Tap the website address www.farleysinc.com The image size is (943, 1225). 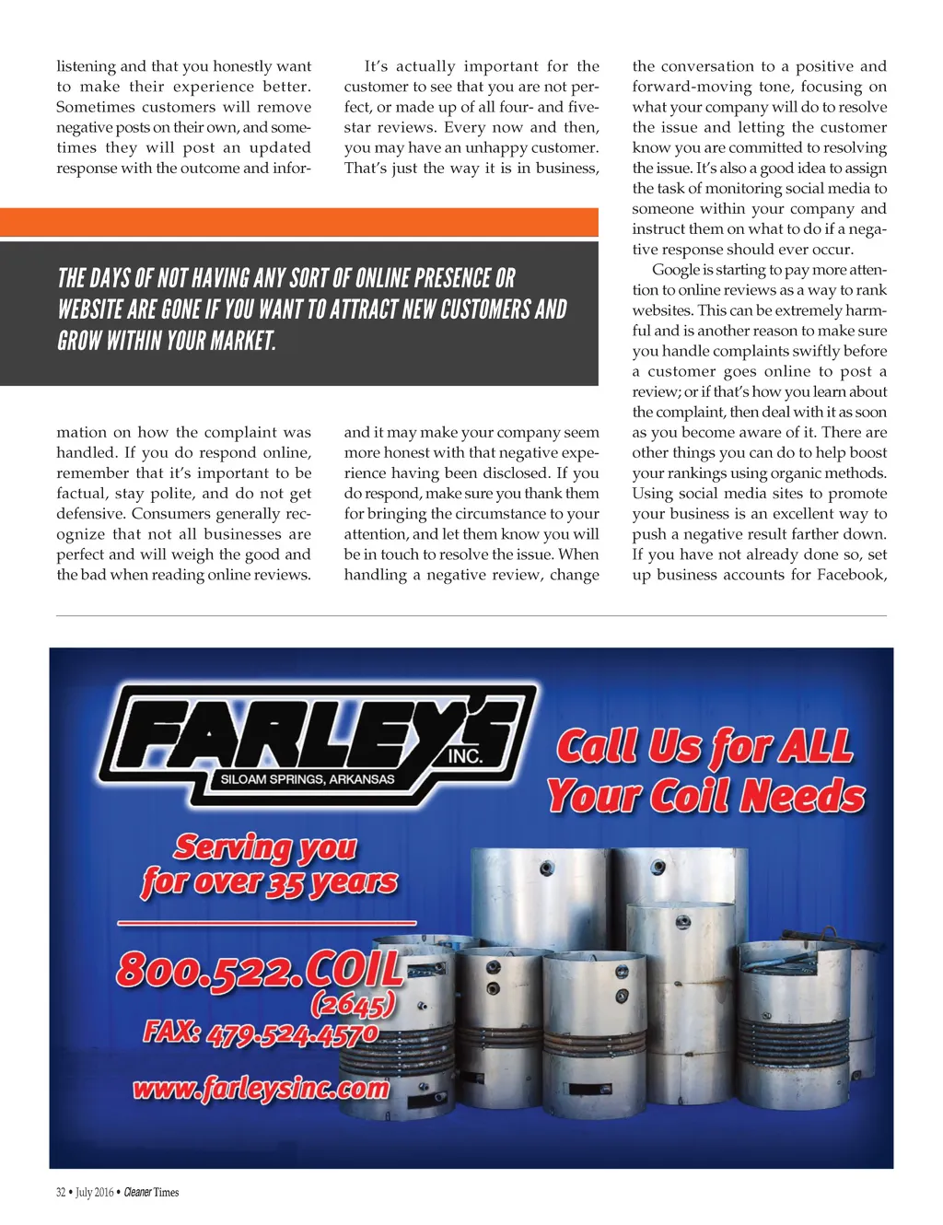(x=261, y=1089)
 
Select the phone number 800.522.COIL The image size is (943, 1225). (x=259, y=969)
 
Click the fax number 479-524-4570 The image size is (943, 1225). (x=292, y=1033)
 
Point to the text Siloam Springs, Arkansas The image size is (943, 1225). (x=307, y=779)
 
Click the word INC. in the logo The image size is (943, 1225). (x=465, y=755)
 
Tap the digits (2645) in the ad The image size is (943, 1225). (x=353, y=1002)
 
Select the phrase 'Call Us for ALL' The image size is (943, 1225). (x=704, y=746)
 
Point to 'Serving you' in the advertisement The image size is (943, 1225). (x=265, y=846)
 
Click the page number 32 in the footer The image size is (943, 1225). (x=61, y=1192)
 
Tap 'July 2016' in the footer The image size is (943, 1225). (x=95, y=1192)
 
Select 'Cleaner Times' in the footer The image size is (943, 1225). (x=151, y=1192)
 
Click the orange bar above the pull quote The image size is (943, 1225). (x=298, y=222)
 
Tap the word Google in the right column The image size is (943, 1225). (x=675, y=270)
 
